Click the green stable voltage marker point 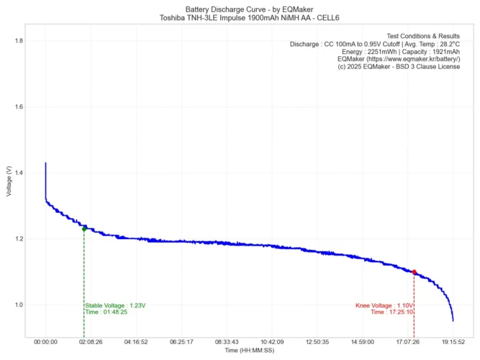[84, 229]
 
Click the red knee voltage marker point [415, 272]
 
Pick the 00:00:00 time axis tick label [45, 342]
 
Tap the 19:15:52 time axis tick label [453, 342]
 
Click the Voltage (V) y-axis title [8, 181]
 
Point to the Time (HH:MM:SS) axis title [249, 351]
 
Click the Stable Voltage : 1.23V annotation [115, 305]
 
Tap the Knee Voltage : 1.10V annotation [384, 305]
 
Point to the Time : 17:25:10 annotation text [391, 312]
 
